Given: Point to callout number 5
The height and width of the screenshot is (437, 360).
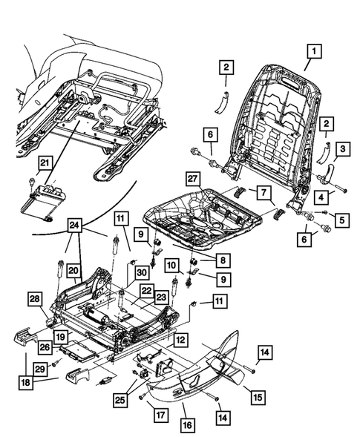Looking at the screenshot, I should [x=341, y=219].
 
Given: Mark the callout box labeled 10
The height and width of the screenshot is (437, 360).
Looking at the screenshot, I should [x=171, y=266].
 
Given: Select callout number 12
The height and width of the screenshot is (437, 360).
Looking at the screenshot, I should [x=179, y=338].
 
